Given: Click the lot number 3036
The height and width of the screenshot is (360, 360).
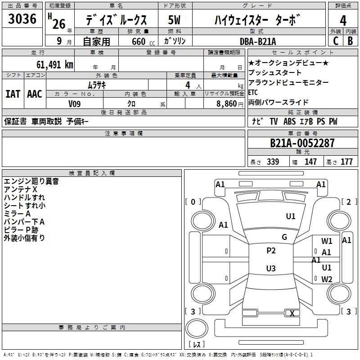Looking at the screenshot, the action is (x=22, y=18).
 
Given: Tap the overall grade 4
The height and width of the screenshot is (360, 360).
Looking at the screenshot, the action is (x=343, y=21).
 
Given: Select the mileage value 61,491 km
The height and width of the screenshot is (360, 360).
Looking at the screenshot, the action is (x=55, y=65).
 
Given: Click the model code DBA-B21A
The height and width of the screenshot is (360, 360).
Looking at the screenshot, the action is (x=258, y=41).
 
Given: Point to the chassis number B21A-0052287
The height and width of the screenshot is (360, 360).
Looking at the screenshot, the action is (x=302, y=143).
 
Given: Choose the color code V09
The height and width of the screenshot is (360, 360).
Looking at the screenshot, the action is (x=74, y=104).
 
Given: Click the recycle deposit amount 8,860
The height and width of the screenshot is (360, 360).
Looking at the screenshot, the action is (x=226, y=104).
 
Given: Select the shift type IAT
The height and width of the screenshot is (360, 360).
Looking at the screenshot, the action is (x=13, y=94).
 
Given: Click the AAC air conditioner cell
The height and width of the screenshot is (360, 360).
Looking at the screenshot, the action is (x=35, y=94).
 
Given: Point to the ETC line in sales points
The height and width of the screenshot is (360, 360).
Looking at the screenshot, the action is (x=253, y=92).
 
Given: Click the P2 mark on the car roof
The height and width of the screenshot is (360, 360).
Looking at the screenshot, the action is (x=271, y=251).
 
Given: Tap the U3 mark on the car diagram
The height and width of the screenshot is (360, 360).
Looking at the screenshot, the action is (x=271, y=268).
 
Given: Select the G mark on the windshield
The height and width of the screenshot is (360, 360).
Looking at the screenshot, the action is (x=284, y=237).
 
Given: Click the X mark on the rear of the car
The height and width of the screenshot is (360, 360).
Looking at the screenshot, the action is (x=292, y=313).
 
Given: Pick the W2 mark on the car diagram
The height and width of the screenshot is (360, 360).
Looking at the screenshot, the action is (x=327, y=279).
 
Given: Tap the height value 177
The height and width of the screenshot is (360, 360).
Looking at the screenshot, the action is (x=346, y=162).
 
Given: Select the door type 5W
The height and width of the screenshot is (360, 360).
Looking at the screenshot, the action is (x=174, y=20).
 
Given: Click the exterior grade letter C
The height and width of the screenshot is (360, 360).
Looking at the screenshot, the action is (x=336, y=41).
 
